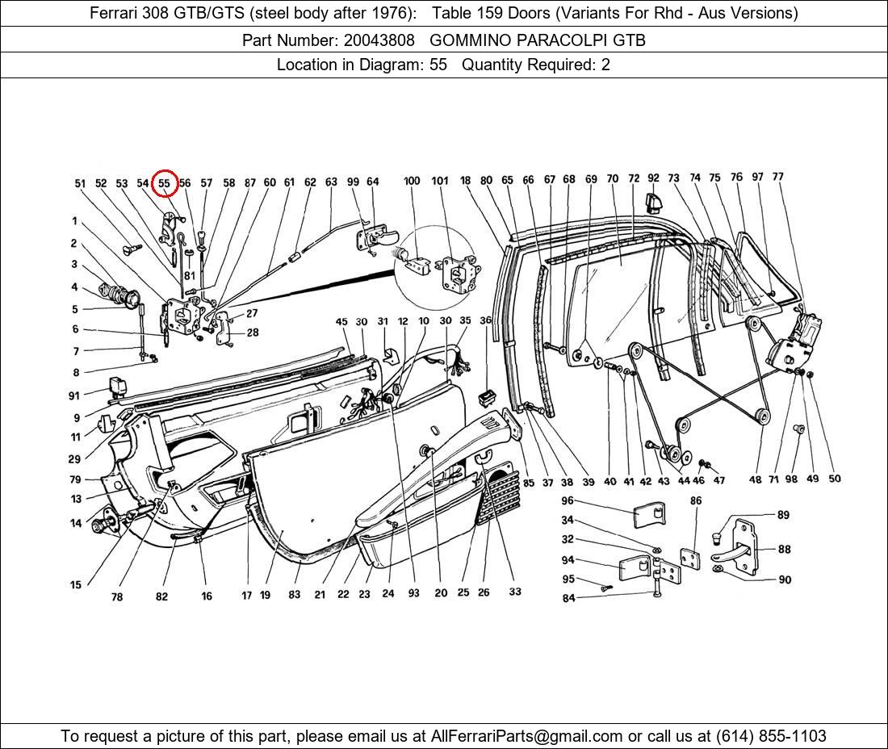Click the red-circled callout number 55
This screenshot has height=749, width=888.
164,183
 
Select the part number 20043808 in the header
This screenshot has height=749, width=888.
379,40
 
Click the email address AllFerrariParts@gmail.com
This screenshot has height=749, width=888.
527,735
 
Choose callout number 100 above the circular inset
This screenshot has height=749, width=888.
412,181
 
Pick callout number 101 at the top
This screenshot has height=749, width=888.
440,181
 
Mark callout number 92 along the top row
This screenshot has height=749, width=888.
653,178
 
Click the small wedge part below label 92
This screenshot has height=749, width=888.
653,199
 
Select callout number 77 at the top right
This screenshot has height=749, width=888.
777,177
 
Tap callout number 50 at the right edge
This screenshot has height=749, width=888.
834,479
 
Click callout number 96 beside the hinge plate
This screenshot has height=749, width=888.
568,501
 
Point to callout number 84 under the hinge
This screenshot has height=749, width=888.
568,598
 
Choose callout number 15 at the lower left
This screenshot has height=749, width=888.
76,585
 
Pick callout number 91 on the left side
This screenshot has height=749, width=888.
74,395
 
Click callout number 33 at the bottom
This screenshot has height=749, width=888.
515,592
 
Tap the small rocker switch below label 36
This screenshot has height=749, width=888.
486,397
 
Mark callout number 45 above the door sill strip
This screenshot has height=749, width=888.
341,322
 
